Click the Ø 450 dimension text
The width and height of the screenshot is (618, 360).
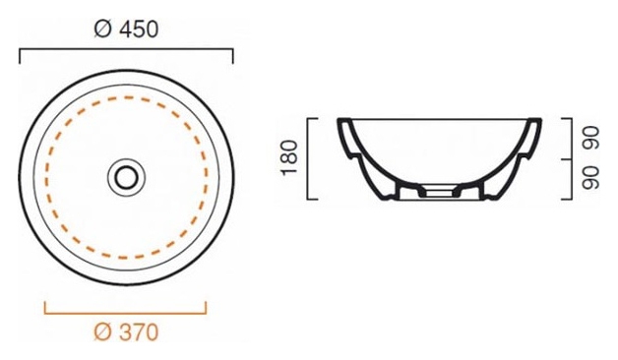[x=126, y=30]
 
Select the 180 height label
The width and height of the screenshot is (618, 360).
[x=289, y=157]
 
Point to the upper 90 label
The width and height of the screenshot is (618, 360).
[x=590, y=138]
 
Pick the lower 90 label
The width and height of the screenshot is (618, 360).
[x=590, y=178]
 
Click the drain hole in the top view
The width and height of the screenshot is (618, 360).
[x=127, y=177]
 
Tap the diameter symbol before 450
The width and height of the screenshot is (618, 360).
[x=103, y=30]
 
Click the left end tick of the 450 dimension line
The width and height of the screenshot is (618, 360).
[x=20, y=56]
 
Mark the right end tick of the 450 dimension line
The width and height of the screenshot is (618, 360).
[x=233, y=56]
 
